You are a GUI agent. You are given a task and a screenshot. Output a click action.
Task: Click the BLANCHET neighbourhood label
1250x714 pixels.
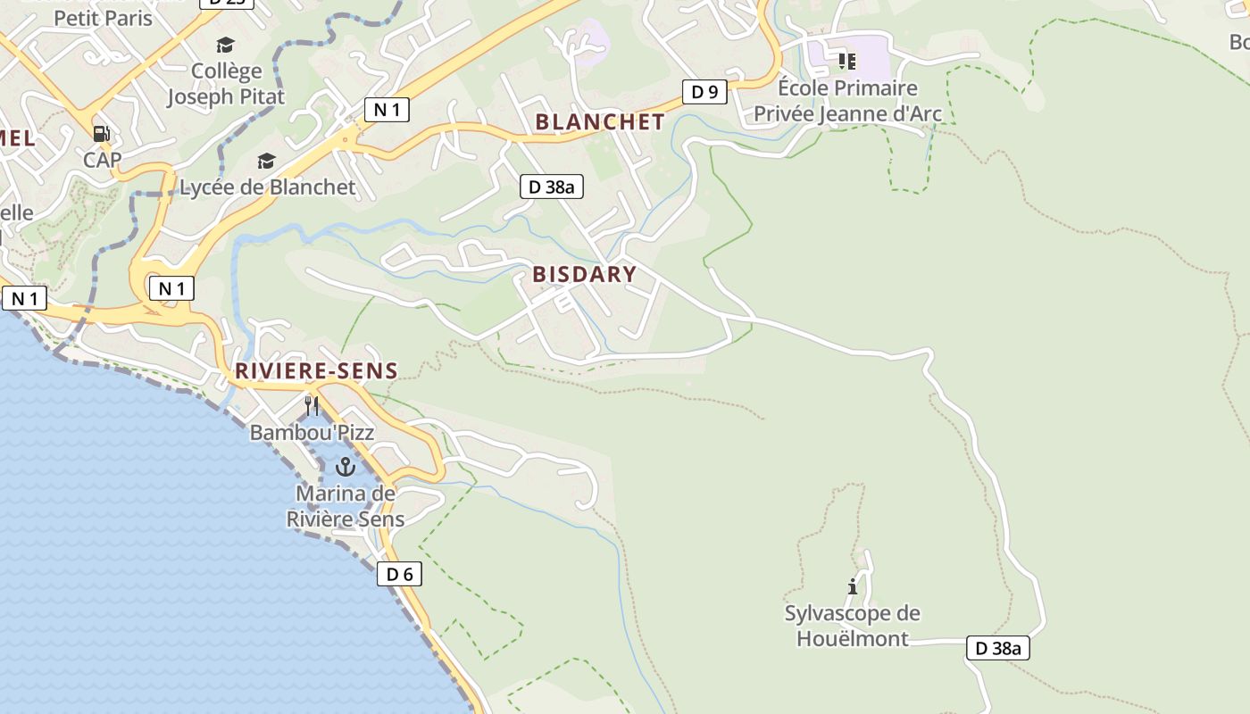click(x=600, y=122)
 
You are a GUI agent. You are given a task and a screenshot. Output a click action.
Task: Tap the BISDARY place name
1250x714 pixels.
click(x=585, y=274)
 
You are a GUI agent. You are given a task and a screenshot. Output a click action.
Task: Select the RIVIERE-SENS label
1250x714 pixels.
click(x=316, y=371)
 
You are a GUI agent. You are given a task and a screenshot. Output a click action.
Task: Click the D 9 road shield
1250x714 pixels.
click(x=704, y=91)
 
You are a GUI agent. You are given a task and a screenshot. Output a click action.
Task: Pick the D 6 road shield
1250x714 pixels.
click(x=399, y=574)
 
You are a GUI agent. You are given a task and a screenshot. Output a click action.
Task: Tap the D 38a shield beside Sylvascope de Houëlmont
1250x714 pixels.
click(x=997, y=648)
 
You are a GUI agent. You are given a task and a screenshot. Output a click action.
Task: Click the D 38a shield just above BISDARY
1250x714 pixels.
click(x=552, y=187)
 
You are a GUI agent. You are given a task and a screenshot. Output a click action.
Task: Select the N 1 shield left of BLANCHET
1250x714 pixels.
click(x=387, y=110)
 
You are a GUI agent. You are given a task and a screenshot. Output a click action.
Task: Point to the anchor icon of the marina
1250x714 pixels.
click(x=345, y=467)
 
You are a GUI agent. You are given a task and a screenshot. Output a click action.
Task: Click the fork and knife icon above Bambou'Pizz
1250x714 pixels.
click(x=312, y=406)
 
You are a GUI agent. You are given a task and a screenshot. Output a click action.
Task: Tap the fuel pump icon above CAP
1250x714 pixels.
click(x=102, y=134)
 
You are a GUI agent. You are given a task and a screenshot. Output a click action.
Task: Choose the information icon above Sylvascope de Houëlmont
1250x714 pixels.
click(x=853, y=586)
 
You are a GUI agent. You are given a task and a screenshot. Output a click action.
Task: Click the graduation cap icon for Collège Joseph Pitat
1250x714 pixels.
click(x=226, y=45)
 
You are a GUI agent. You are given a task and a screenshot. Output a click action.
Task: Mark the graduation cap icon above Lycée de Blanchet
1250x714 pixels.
click(x=266, y=161)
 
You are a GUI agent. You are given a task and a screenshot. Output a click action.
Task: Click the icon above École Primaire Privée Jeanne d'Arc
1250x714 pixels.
click(x=846, y=62)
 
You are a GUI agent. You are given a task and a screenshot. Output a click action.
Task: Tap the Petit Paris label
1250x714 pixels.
click(x=104, y=18)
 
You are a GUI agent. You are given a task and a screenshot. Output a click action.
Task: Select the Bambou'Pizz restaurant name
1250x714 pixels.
click(x=312, y=433)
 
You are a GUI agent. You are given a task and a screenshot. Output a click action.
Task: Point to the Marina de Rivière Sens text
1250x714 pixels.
click(x=346, y=506)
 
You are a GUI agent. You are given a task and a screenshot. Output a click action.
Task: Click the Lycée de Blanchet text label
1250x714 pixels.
click(x=268, y=187)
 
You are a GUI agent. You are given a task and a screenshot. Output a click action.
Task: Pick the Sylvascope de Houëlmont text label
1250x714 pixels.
click(x=853, y=626)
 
